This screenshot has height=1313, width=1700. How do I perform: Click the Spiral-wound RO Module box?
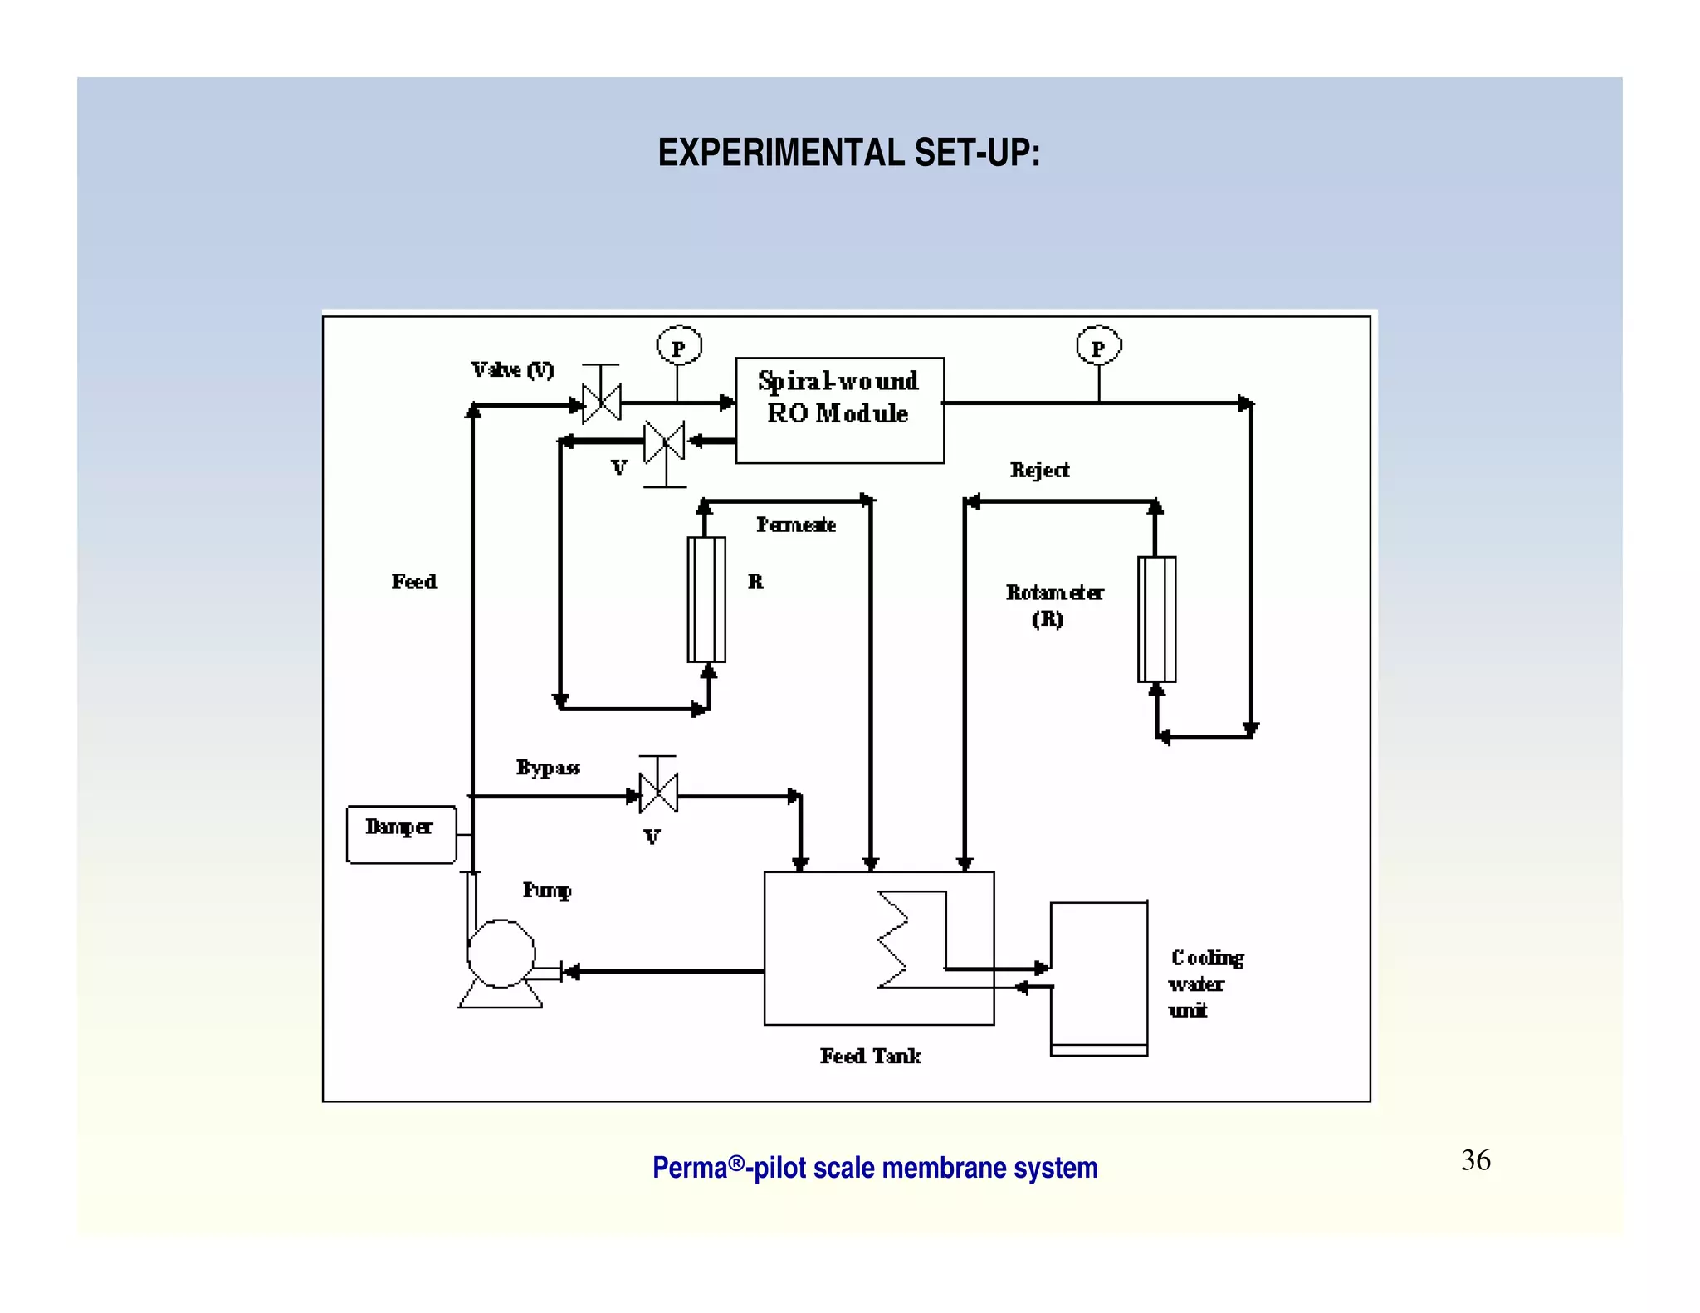point(839,410)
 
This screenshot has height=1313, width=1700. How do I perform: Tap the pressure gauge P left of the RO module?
point(679,346)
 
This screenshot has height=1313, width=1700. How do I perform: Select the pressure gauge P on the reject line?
point(1098,346)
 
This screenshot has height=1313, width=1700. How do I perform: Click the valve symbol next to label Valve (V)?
point(601,403)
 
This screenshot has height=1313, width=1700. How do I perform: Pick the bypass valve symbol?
point(658,793)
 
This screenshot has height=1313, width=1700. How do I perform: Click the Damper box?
point(401,834)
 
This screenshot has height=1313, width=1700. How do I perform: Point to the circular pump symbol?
point(501,954)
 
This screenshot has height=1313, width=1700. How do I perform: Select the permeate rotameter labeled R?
point(706,599)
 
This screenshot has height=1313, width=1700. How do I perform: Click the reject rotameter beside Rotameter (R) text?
point(1156,619)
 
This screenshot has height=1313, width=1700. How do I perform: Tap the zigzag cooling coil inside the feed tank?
point(893,940)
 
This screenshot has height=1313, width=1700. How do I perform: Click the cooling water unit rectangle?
point(1099,977)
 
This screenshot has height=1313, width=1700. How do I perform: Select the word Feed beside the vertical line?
point(414,582)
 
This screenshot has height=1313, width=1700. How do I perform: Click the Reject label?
point(1039,471)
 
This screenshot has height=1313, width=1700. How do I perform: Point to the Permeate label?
point(795,525)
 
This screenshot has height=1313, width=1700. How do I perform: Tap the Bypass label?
point(548,768)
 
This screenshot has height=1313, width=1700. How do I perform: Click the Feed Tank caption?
point(870,1056)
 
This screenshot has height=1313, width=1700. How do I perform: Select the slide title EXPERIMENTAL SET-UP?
point(848,154)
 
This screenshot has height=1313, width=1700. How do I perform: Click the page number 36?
point(1475,1160)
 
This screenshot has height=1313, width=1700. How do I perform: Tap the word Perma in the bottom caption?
point(689,1168)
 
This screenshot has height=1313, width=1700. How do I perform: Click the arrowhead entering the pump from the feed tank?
point(571,971)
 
